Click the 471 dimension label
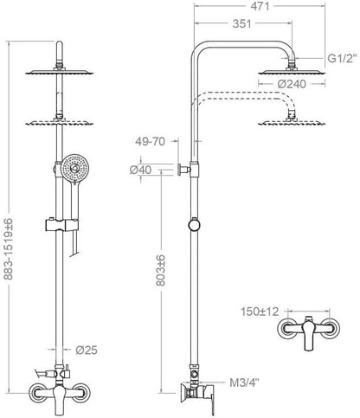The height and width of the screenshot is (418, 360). click(x=260, y=6)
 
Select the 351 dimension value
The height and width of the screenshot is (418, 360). click(x=242, y=23)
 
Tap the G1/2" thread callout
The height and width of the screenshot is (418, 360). click(x=342, y=59)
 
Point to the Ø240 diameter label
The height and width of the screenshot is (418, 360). click(x=292, y=84)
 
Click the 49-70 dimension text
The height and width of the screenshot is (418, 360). click(x=150, y=141)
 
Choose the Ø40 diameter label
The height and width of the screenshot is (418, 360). click(x=140, y=170)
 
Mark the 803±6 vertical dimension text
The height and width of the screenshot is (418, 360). click(x=161, y=270)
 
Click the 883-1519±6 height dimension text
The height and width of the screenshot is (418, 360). click(x=9, y=249)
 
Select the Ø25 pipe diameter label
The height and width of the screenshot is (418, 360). click(x=87, y=350)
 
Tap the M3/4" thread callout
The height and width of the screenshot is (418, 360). click(x=244, y=383)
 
